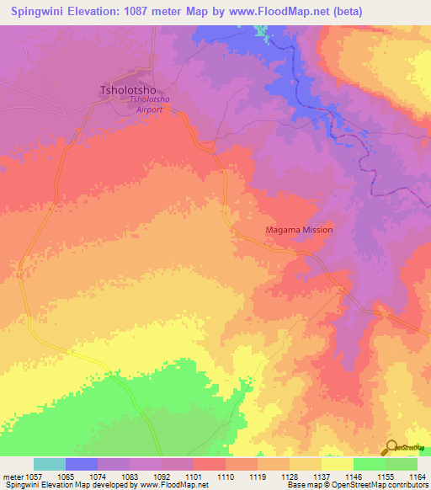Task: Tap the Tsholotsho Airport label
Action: coord(149,104)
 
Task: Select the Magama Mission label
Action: coord(299,230)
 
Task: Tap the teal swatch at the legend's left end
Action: coord(50,464)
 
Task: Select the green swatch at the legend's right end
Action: coord(401,464)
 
